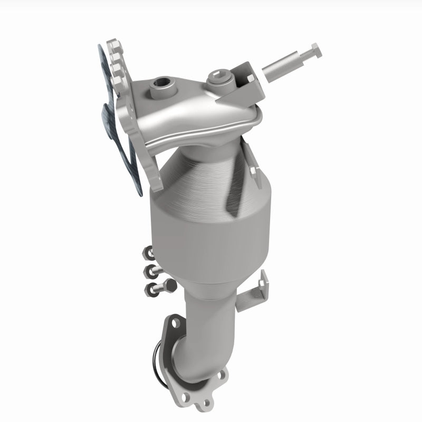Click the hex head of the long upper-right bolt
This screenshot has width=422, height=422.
(x=313, y=52)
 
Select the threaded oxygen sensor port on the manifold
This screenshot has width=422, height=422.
(x=159, y=83)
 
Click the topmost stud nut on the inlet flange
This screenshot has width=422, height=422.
(x=113, y=47)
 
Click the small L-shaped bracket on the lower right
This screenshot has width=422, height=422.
(x=252, y=290)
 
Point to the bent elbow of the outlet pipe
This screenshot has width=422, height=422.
(x=211, y=343)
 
